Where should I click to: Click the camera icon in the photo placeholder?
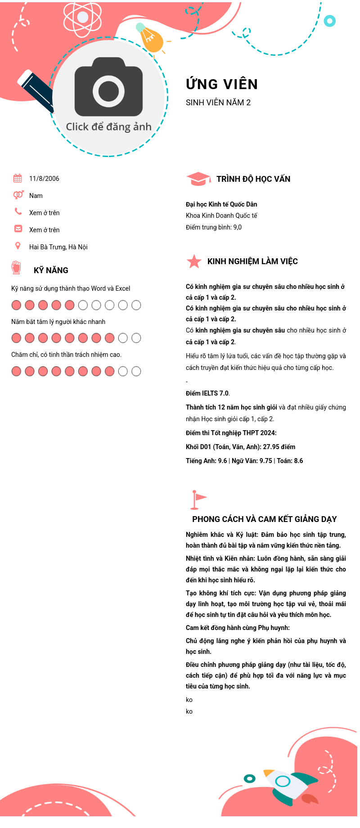pyautogui.click(x=108, y=88)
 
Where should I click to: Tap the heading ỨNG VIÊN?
pyautogui.click(x=222, y=84)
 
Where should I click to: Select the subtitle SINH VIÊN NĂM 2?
pyautogui.click(x=218, y=103)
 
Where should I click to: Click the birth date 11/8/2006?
pyautogui.click(x=44, y=179)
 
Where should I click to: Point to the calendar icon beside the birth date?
pyautogui.click(x=18, y=178)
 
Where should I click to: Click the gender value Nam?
pyautogui.click(x=36, y=196)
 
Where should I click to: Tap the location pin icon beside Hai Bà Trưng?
pyautogui.click(x=18, y=246)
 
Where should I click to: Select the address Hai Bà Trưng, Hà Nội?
pyautogui.click(x=58, y=247)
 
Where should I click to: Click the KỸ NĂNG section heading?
pyautogui.click(x=51, y=270)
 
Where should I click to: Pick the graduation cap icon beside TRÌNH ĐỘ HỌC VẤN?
pyautogui.click(x=198, y=179)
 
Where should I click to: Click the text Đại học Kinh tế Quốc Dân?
pyautogui.click(x=221, y=204)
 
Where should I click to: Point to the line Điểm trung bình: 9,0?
pyautogui.click(x=214, y=227)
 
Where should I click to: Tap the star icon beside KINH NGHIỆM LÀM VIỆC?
pyautogui.click(x=194, y=261)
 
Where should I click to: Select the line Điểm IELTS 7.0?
pyautogui.click(x=207, y=393)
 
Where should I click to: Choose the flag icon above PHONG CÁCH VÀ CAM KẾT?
pyautogui.click(x=198, y=499)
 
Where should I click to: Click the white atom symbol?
pyautogui.click(x=82, y=18)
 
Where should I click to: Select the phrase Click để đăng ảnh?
pyautogui.click(x=108, y=127)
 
